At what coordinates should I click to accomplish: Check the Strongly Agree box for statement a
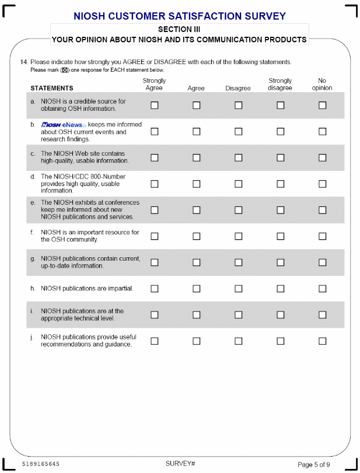[x=155, y=106]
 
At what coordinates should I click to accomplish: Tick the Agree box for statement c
[x=197, y=157]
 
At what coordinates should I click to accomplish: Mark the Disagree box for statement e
[x=238, y=210]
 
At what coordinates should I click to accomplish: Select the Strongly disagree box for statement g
[x=281, y=262]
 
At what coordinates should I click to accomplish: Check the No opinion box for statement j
[x=322, y=341]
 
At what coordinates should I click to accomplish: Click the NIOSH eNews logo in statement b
[x=63, y=125]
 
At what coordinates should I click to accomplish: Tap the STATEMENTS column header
[x=52, y=89]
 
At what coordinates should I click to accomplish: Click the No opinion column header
[x=322, y=85]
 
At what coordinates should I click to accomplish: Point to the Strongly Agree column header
[x=154, y=85]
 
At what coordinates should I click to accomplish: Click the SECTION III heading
[x=179, y=29]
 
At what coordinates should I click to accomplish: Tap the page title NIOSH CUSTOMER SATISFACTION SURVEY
[x=180, y=16]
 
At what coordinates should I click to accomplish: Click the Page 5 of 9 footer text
[x=314, y=464]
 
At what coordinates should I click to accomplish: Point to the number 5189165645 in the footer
[x=40, y=464]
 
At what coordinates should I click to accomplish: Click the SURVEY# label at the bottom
[x=180, y=464]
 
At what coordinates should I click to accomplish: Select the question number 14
[x=24, y=62]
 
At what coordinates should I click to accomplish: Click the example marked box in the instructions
[x=65, y=70]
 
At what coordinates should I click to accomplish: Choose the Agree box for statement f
[x=197, y=236]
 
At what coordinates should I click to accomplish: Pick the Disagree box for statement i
[x=238, y=315]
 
